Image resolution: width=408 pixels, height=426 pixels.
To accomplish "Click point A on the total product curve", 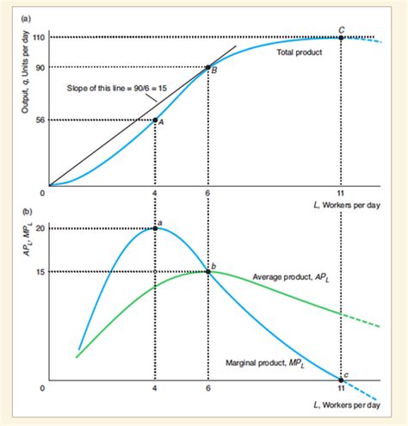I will click(155, 120).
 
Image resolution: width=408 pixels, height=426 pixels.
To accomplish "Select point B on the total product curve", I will click(207, 67).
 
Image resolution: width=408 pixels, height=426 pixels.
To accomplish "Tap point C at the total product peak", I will click(342, 37).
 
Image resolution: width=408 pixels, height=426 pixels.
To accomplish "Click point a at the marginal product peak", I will click(155, 228).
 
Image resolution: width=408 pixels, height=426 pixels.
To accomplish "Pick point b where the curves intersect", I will click(207, 271).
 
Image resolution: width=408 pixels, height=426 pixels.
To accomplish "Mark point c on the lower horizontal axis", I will click(342, 380).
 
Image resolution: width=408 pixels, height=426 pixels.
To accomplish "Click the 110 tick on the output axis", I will click(40, 37).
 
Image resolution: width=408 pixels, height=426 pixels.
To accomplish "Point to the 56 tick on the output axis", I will click(40, 120).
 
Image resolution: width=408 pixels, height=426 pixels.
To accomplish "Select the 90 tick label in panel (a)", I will click(40, 67).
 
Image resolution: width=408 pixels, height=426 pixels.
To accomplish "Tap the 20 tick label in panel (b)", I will click(40, 228).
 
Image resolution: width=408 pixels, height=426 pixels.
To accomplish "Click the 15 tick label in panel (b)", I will click(40, 271).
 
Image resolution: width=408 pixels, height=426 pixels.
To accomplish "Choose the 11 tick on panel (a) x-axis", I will click(342, 194).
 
